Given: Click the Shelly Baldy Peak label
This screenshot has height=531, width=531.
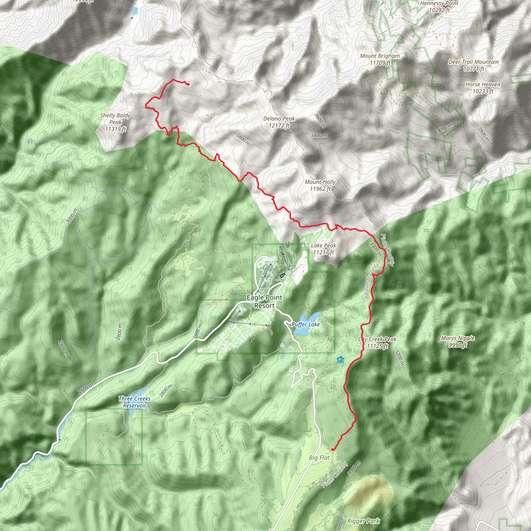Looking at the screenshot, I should (115, 122).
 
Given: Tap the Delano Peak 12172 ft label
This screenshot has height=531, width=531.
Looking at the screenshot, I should (279, 122).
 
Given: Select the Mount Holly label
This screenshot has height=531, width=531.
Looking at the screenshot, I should (320, 185).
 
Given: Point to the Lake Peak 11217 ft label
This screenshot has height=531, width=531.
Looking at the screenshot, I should (324, 249).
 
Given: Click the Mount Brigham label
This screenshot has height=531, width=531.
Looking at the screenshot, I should (380, 59).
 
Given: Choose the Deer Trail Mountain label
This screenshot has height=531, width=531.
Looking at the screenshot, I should (473, 65).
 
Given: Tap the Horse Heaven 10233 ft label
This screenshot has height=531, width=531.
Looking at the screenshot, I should (483, 88).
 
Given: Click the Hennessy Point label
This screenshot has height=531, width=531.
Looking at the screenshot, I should (439, 6).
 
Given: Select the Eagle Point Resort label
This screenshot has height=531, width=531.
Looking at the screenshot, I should (264, 302).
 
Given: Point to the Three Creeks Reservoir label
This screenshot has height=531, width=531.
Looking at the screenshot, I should (135, 402).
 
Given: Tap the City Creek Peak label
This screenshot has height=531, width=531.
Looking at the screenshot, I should (377, 343).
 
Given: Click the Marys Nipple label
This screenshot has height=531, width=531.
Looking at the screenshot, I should (458, 341).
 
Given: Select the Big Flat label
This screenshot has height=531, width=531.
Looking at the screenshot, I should (319, 457).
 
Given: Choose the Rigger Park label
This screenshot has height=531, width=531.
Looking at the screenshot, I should (363, 521).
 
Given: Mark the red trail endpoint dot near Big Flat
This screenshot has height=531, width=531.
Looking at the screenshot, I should (333, 449).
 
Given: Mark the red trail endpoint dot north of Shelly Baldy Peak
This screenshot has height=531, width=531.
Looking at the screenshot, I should (188, 84).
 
